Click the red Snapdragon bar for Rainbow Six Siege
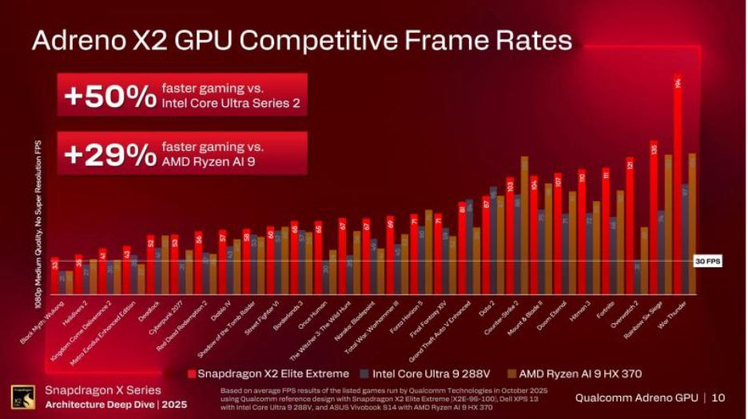[x=654, y=223]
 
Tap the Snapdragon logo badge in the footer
[x=22, y=397]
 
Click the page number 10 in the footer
[x=718, y=397]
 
